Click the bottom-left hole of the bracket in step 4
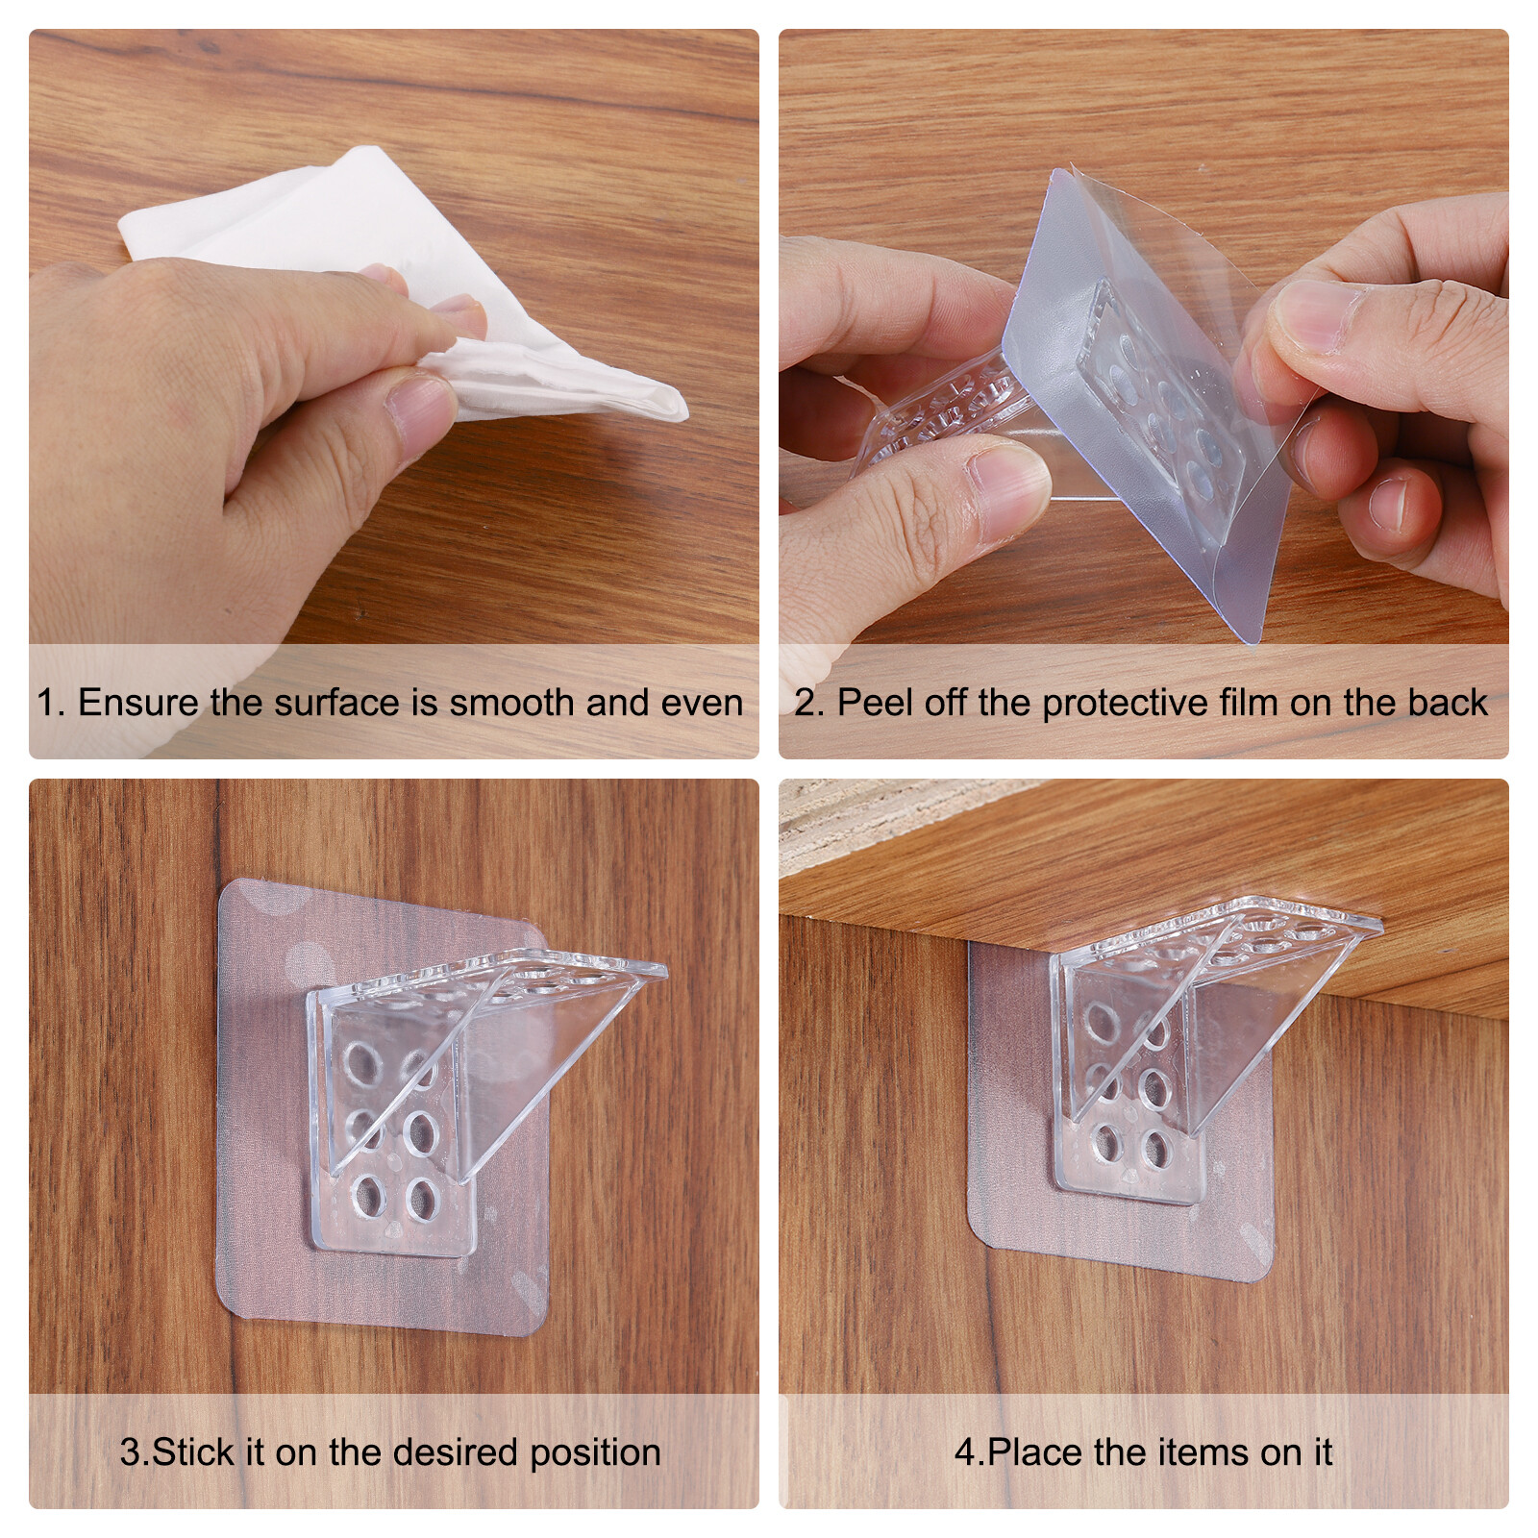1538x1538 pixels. click(1108, 1146)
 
